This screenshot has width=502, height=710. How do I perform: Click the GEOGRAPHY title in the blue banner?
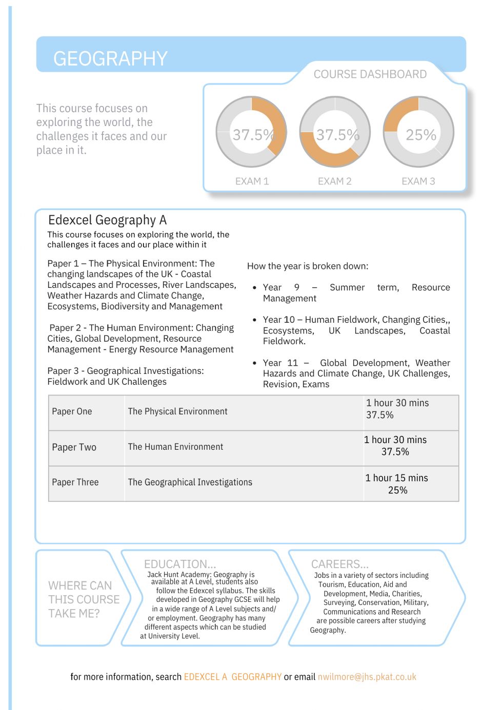click(110, 59)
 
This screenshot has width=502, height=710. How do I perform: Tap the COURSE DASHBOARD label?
click(370, 74)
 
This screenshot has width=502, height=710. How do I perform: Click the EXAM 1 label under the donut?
click(252, 181)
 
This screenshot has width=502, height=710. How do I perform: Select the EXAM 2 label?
click(334, 181)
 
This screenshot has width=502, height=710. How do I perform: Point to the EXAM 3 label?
click(418, 181)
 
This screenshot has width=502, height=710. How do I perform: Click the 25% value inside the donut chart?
click(420, 135)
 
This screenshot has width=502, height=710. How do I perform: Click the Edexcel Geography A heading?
click(107, 220)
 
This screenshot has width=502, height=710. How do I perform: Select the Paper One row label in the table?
click(72, 412)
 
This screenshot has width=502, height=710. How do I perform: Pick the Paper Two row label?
click(74, 447)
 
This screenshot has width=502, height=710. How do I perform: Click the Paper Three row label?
click(75, 483)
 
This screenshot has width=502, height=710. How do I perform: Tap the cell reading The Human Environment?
click(175, 447)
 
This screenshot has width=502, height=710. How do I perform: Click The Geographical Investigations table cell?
click(190, 483)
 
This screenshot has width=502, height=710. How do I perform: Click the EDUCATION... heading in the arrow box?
click(179, 564)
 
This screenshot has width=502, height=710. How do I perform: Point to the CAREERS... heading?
click(339, 564)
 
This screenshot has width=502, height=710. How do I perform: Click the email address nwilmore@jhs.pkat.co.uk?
click(367, 677)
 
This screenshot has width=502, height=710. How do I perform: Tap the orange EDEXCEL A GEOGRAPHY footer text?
click(232, 677)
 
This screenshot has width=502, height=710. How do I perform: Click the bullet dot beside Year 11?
click(254, 363)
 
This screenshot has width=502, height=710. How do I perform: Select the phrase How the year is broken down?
click(308, 266)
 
